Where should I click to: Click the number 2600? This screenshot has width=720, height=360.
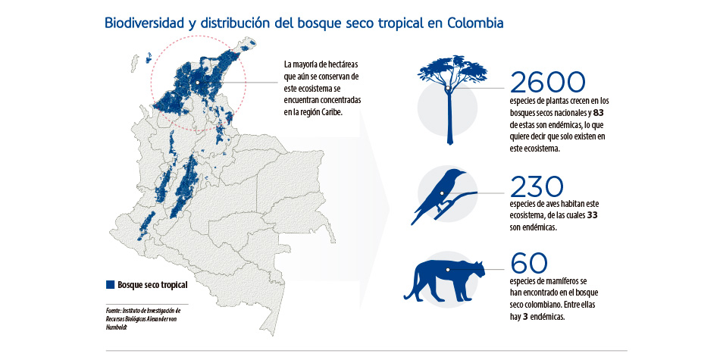click(x=549, y=83)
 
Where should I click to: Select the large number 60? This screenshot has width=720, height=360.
click(x=528, y=263)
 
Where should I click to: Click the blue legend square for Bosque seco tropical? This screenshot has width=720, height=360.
click(x=111, y=286)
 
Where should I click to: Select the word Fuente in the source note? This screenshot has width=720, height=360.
click(x=113, y=311)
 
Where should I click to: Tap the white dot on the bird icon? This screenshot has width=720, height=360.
click(x=441, y=193)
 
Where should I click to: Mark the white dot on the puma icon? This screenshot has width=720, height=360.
click(x=449, y=268)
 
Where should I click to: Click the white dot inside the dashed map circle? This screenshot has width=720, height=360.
click(x=197, y=82)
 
